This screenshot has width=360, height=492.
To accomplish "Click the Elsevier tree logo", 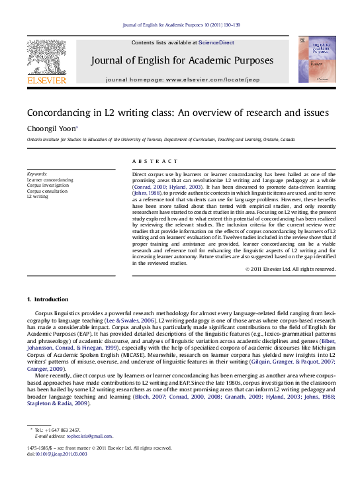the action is click(46, 56).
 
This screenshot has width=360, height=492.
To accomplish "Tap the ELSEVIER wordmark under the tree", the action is click(46, 81).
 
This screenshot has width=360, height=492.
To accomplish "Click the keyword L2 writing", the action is click(37, 197).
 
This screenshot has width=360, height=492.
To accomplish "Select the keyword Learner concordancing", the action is click(50, 179).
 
